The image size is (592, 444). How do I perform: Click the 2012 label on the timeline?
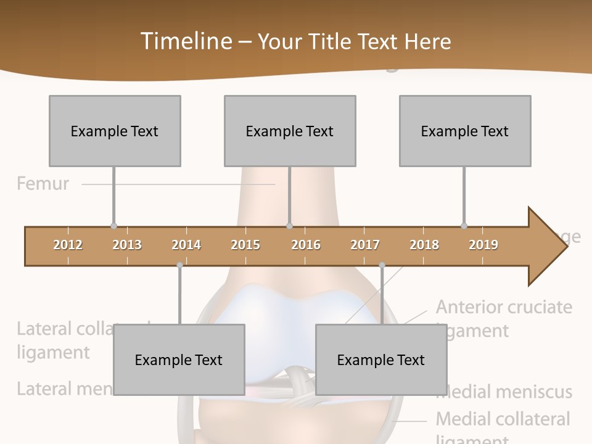pos(68,245)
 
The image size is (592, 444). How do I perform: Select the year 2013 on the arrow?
pos(127,245)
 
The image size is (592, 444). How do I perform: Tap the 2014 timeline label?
pos(186,245)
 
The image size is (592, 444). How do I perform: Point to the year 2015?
pos(245,245)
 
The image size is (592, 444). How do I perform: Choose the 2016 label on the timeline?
pos(306,245)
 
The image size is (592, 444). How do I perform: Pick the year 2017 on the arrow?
pos(365,245)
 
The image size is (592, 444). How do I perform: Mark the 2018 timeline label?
pos(424,245)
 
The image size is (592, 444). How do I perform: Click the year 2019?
pos(483,245)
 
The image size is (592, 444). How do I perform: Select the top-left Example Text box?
pos(115,131)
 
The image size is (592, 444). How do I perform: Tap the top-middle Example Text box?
pos(290,131)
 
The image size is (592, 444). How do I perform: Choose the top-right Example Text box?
pos(465,131)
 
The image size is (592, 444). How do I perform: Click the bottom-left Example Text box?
pos(179,360)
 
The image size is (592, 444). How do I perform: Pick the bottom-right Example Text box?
pos(381,360)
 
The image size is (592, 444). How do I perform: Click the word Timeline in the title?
pos(185,41)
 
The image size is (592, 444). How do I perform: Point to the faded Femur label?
pos(43,183)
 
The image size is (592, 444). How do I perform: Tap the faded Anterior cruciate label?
pos(504,307)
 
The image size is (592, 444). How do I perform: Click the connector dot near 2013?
pos(113,226)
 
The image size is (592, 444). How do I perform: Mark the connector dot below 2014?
pos(179,265)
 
